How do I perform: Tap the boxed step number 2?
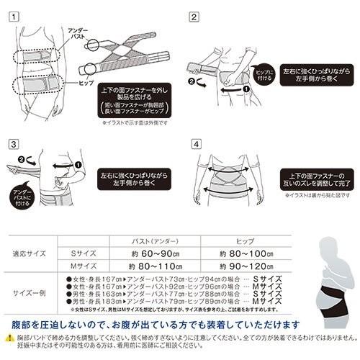tap(194, 15)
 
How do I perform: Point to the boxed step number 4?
tap(194, 143)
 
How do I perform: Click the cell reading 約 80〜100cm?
tap(248, 253)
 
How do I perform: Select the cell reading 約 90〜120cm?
tap(248, 266)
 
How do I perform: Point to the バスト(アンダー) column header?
tap(156, 240)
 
